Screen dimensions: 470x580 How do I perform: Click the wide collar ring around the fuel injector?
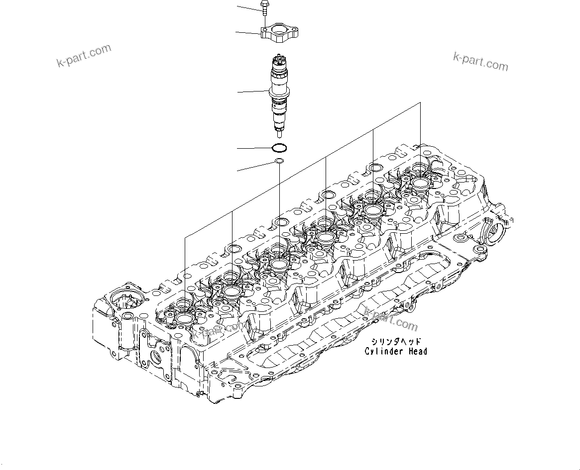point(279,92)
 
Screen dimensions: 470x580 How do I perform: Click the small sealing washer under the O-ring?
point(280,161)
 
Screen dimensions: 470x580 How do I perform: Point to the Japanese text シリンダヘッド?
point(396,342)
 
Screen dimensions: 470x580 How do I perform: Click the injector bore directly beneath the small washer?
point(279,263)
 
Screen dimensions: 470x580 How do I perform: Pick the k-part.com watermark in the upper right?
point(480,62)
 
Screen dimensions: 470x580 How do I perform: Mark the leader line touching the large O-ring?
point(254,148)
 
